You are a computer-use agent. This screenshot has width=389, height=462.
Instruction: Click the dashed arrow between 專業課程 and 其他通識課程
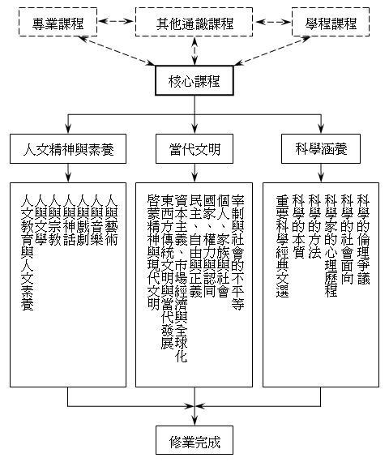tap(116, 21)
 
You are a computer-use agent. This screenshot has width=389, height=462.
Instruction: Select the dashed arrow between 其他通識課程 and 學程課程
tap(272, 22)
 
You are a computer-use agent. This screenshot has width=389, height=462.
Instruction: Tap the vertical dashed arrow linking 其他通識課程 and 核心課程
tap(194, 51)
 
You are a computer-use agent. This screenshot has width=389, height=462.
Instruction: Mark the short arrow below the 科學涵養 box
tap(321, 173)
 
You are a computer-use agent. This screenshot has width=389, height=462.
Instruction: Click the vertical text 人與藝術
tap(111, 220)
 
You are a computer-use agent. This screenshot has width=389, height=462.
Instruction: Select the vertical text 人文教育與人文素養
tap(27, 252)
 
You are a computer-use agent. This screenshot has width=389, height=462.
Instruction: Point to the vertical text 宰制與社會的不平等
tap(237, 252)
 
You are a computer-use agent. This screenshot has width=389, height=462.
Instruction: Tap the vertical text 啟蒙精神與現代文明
tap(153, 252)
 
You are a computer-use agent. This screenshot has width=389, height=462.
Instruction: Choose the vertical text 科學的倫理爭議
tap(363, 239)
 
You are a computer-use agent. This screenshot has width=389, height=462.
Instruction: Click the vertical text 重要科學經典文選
tap(282, 246)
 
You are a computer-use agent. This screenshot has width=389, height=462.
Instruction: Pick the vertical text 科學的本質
tap(298, 226)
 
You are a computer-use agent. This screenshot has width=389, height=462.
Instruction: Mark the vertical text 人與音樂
tap(97, 220)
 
